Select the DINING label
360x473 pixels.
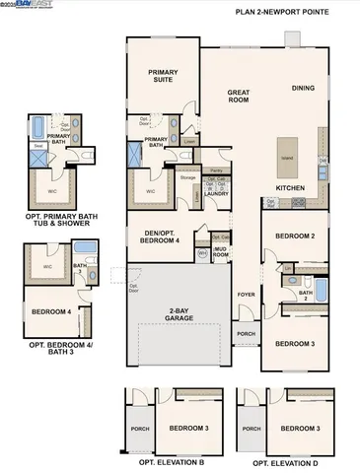(x=304, y=88)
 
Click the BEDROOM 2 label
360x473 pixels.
(x=294, y=236)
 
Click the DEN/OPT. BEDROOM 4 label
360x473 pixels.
(x=158, y=236)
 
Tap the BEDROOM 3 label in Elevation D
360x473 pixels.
(x=300, y=429)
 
